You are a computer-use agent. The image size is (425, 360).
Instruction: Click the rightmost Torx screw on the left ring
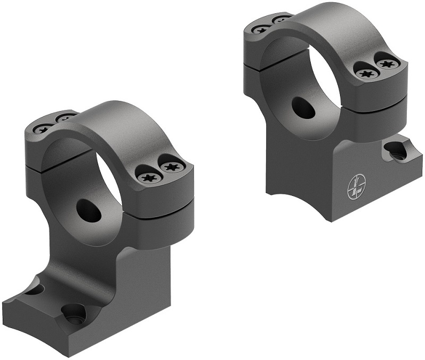coord(171,167)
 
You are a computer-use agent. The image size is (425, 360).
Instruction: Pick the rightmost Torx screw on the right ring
coord(386,64)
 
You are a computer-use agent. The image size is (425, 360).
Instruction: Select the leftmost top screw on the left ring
coord(41,128)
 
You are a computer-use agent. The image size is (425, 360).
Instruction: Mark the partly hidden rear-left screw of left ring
coord(65,116)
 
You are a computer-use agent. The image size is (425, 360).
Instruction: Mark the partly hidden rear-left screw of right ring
coord(282,20)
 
